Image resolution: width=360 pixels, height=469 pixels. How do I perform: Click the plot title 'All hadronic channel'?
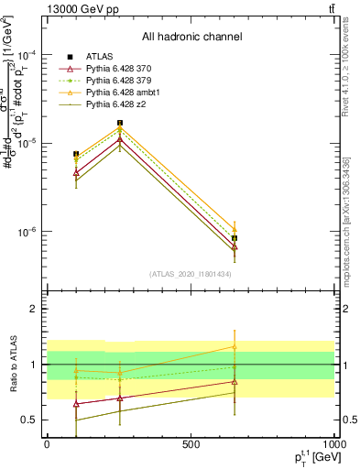coord(191,37)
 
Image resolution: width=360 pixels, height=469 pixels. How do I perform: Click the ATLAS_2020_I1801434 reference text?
coord(191,274)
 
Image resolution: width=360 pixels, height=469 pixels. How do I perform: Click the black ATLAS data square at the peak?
coord(120,123)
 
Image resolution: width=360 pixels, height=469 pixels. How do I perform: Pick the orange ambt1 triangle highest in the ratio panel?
coord(235,347)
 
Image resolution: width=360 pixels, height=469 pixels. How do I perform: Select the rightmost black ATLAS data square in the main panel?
coord(235,238)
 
